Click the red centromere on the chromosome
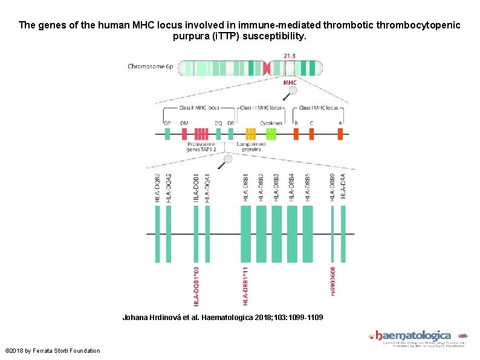click(267, 67)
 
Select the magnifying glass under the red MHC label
click(293, 91)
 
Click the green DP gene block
click(167, 134)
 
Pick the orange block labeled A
click(340, 134)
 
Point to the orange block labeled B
click(296, 134)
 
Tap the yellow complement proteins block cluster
click(250, 134)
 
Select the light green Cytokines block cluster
click(271, 134)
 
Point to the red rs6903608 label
click(332, 282)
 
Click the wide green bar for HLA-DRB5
click(307, 234)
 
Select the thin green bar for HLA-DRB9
click(332, 234)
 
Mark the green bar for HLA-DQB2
click(158, 234)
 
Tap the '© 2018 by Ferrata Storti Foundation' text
click(53, 351)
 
